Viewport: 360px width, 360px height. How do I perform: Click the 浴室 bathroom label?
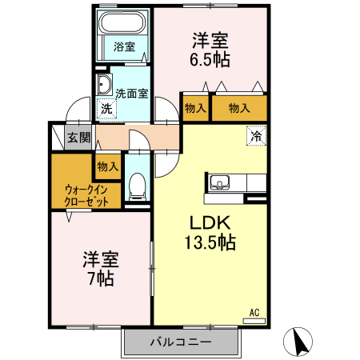click(125, 46)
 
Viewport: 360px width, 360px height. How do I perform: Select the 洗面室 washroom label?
click(131, 93)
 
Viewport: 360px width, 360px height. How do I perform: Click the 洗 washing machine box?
click(106, 109)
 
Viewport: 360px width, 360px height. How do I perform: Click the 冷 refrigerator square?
click(256, 136)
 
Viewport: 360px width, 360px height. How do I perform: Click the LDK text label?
click(210, 222)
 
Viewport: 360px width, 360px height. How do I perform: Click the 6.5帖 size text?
click(210, 59)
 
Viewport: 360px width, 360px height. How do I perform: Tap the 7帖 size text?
click(100, 278)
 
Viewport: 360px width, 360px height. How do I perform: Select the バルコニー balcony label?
click(181, 342)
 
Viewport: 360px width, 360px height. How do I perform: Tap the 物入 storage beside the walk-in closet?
click(107, 166)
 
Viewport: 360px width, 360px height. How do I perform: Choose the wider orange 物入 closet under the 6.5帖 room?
click(239, 108)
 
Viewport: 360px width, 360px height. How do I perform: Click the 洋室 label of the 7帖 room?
click(101, 258)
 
